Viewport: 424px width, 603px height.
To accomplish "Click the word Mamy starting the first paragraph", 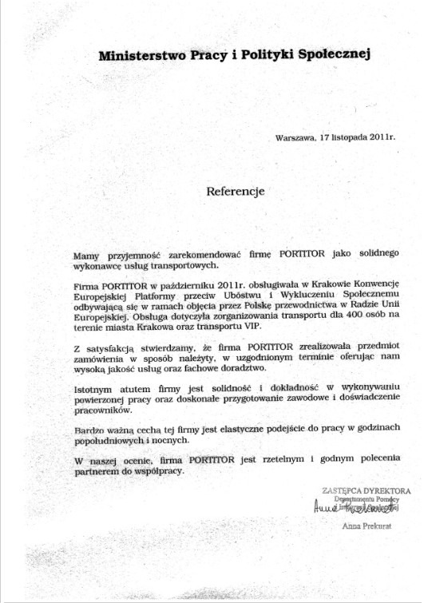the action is (85, 253).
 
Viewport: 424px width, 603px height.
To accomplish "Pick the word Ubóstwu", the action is (240, 296).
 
